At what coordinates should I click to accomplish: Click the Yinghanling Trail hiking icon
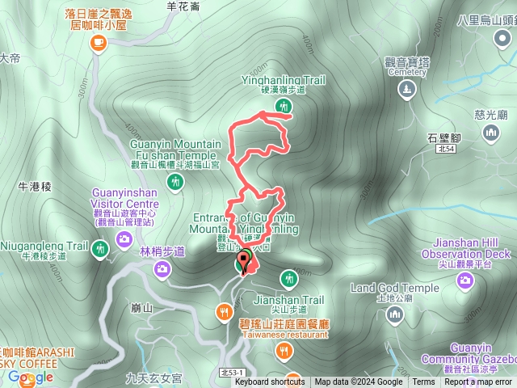pos(283,106)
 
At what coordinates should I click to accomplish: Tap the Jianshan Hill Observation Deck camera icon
pos(464,280)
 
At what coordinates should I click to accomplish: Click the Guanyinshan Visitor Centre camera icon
pos(124,238)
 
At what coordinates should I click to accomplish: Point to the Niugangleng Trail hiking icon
pos(100,247)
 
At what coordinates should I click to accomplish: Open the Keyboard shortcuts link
pos(269,382)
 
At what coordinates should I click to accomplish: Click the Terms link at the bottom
pos(423,382)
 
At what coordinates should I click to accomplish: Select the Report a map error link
pos(478,382)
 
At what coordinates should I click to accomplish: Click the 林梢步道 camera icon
pos(162,271)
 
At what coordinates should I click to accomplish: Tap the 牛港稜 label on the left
pos(35,186)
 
